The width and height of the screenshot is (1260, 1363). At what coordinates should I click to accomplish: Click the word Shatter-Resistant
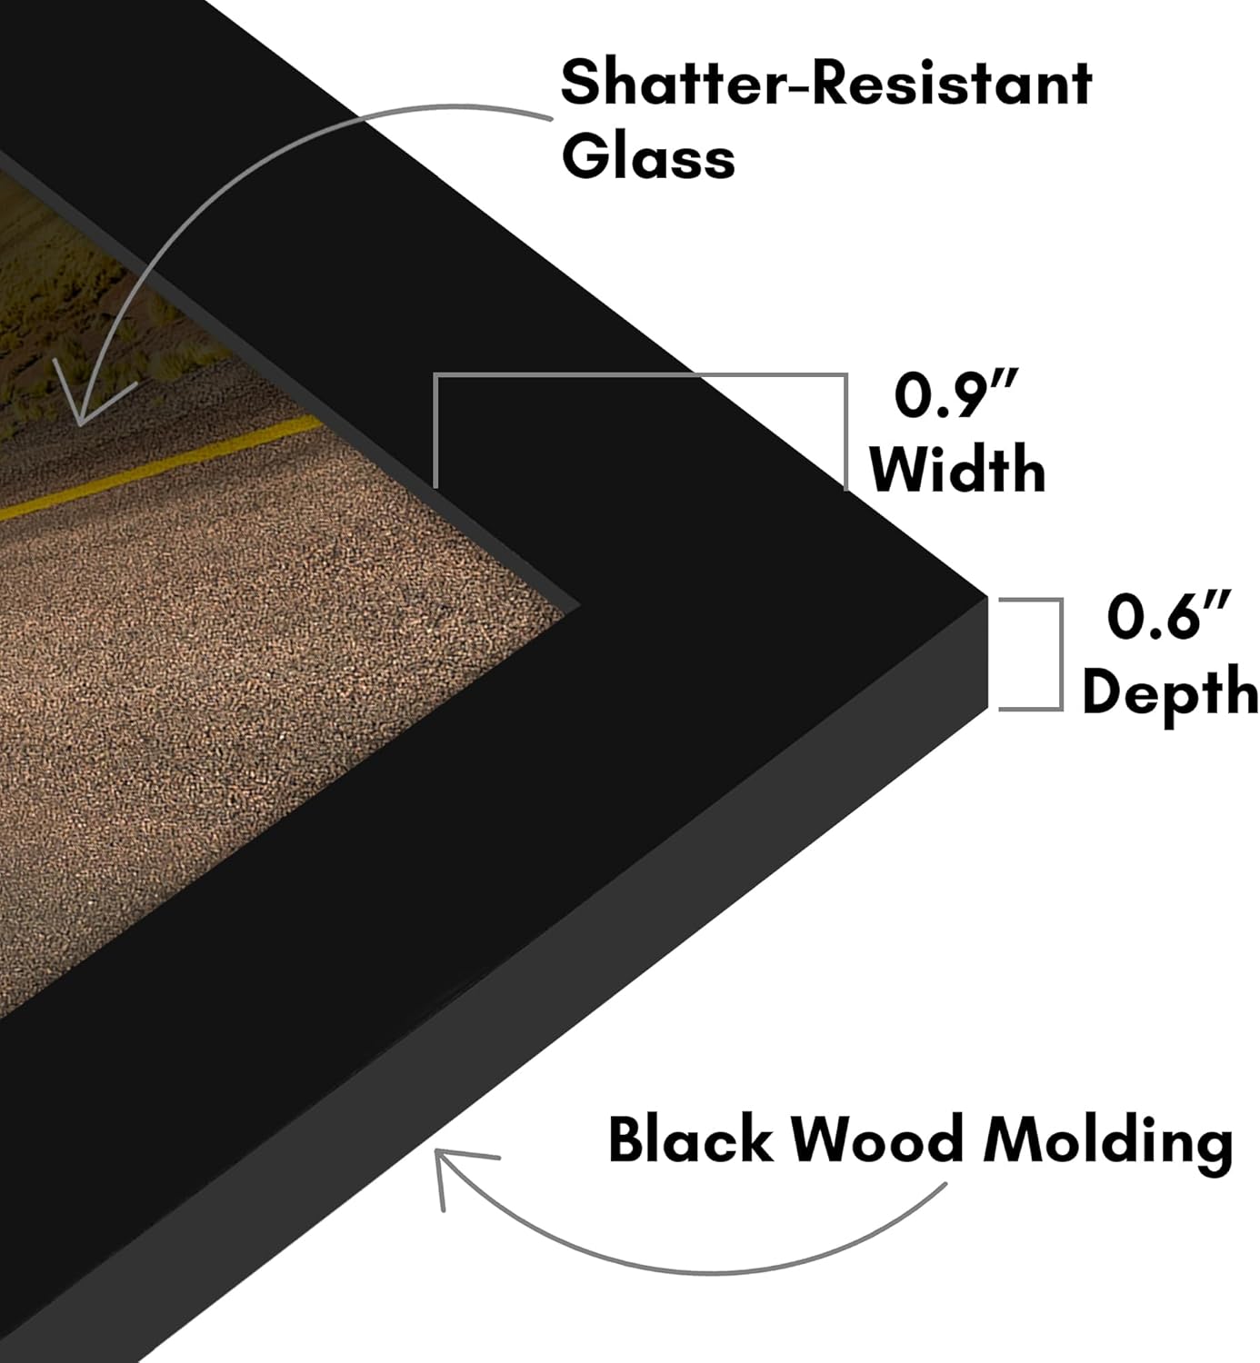[826, 83]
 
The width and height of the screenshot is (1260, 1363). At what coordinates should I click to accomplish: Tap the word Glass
[648, 155]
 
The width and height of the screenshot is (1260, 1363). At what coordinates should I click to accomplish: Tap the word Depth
[1170, 691]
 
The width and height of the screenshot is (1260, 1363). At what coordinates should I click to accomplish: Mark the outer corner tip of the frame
[986, 598]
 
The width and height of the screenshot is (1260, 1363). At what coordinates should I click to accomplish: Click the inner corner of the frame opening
[579, 605]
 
